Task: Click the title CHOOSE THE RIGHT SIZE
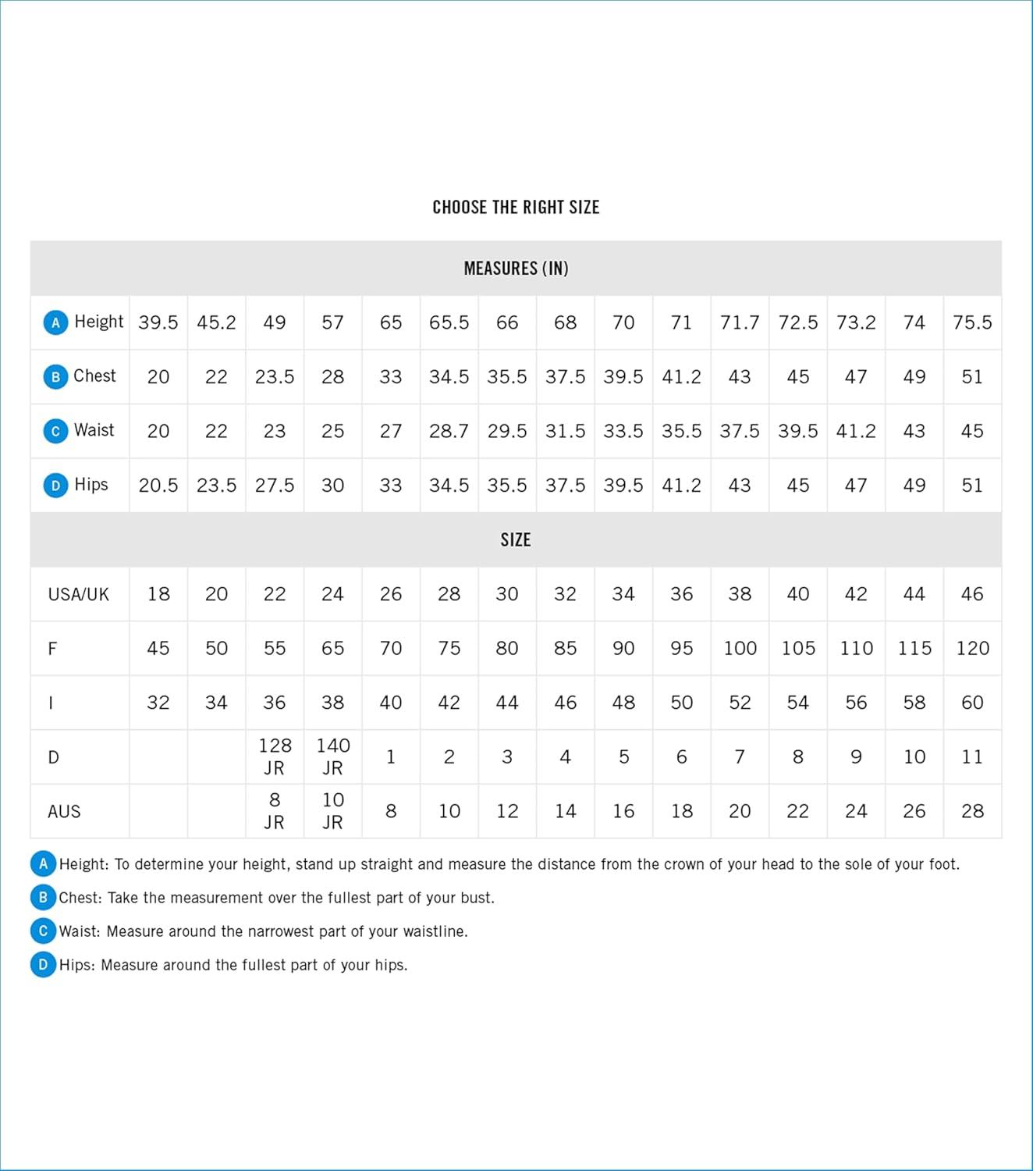click(x=516, y=207)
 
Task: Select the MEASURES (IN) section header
click(x=516, y=269)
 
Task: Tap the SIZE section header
click(x=516, y=539)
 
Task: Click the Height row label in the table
click(x=98, y=322)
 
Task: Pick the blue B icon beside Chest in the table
click(x=55, y=377)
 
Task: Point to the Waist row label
click(x=94, y=430)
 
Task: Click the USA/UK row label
click(x=79, y=594)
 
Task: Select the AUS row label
click(x=64, y=811)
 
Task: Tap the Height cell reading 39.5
click(x=158, y=322)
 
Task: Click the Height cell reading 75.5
click(x=972, y=322)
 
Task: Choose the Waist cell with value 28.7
click(x=449, y=431)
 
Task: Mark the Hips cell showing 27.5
click(x=275, y=486)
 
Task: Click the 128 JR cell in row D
click(x=275, y=756)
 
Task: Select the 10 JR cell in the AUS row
click(x=333, y=811)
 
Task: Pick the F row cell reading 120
click(x=972, y=648)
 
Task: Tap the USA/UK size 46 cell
click(x=972, y=594)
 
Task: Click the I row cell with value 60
click(x=972, y=703)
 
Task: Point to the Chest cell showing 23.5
click(x=275, y=377)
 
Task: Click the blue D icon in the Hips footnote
click(x=44, y=964)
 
